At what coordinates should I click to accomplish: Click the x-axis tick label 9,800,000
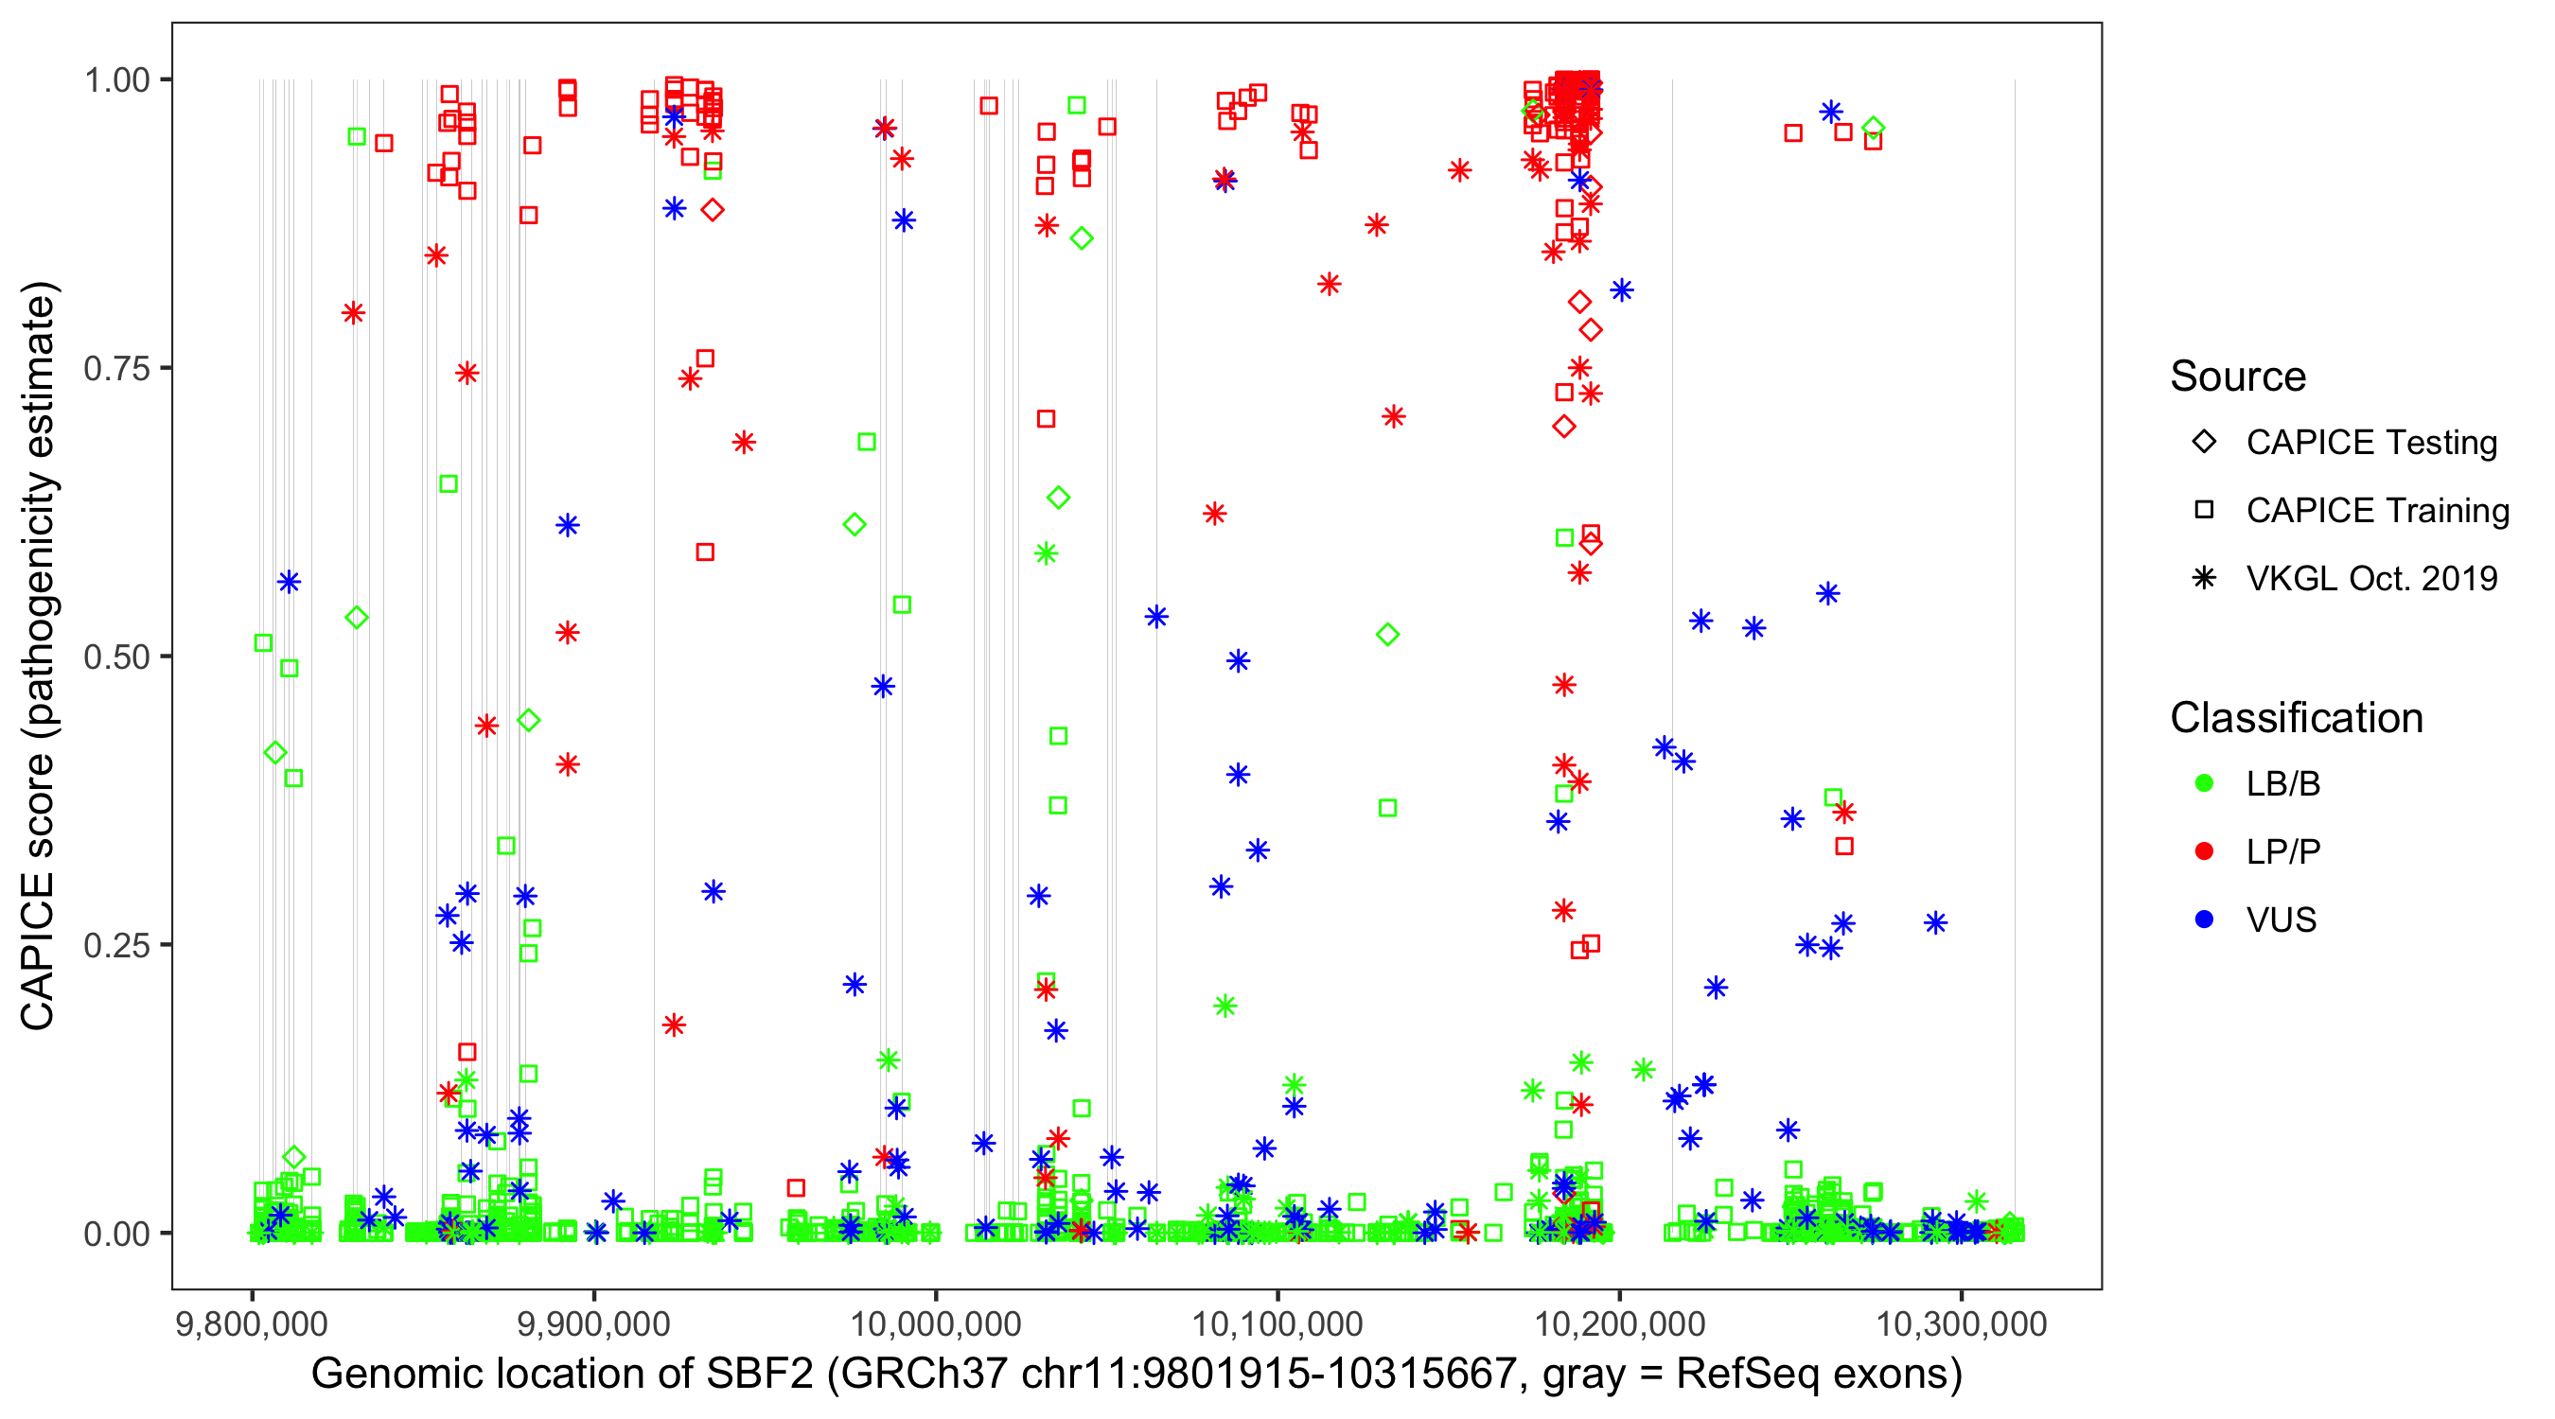252,1323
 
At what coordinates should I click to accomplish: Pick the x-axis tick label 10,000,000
936,1323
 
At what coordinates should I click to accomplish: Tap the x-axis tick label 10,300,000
1962,1323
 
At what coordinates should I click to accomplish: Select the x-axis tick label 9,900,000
594,1323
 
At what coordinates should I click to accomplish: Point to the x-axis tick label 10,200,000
1620,1323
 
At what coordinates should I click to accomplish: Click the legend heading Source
2238,377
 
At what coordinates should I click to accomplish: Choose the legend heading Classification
2296,718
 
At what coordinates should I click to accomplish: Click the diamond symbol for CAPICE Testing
2204,443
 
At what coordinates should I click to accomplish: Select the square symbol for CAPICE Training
2204,511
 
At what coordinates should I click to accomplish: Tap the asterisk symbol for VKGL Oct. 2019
2204,578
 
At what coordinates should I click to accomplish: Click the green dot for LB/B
2204,784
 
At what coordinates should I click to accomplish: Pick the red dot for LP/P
2204,851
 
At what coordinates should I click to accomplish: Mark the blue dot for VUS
2204,920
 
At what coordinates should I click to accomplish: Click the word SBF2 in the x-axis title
760,1375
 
